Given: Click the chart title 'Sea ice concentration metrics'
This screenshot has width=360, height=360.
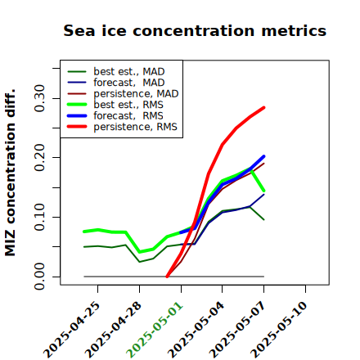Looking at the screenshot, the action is pyautogui.click(x=195, y=30).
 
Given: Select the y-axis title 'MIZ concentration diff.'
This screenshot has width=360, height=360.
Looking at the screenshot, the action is pyautogui.click(x=10, y=173).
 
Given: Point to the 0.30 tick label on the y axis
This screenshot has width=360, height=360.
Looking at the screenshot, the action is pyautogui.click(x=40, y=98).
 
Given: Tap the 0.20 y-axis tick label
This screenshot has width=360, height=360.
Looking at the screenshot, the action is pyautogui.click(x=40, y=158).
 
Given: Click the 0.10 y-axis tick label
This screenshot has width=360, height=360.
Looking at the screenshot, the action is pyautogui.click(x=40, y=217).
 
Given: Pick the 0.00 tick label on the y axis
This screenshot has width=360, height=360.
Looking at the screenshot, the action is pyautogui.click(x=40, y=277).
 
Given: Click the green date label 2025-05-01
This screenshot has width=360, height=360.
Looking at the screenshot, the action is pyautogui.click(x=155, y=330).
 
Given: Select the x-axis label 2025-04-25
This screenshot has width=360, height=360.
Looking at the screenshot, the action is pyautogui.click(x=71, y=330).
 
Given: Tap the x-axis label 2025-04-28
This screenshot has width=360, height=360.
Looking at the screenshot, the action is pyautogui.click(x=113, y=330).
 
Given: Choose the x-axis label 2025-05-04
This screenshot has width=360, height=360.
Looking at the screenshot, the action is pyautogui.click(x=196, y=330).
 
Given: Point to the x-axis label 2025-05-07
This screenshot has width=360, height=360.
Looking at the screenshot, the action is pyautogui.click(x=237, y=330).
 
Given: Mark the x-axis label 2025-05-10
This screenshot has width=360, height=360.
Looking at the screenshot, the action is pyautogui.click(x=279, y=330).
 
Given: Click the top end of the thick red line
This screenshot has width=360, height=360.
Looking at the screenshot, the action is pyautogui.click(x=264, y=107).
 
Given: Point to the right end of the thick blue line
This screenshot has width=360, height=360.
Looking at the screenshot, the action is pyautogui.click(x=264, y=156).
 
